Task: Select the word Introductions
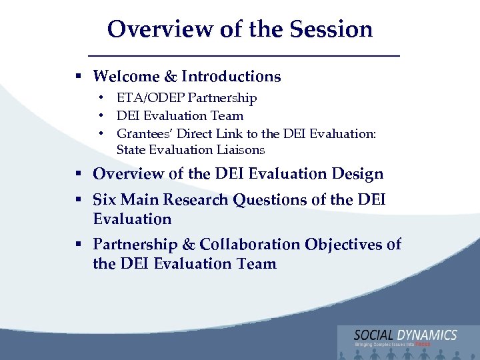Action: pos(231,77)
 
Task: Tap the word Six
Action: pos(106,200)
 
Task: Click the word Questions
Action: pos(270,200)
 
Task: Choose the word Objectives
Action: pos(343,245)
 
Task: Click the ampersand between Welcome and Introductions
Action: pos(171,77)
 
